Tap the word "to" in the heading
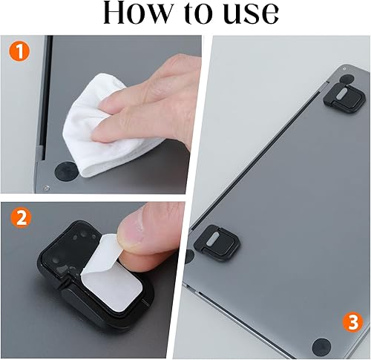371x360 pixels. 194,14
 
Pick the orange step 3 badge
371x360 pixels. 352,323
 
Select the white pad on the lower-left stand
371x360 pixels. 212,239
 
